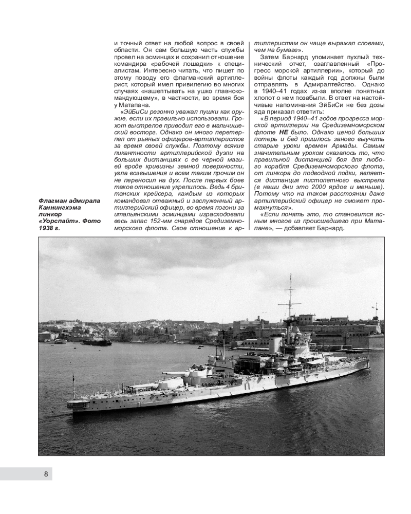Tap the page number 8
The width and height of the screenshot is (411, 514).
pos(46,474)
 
